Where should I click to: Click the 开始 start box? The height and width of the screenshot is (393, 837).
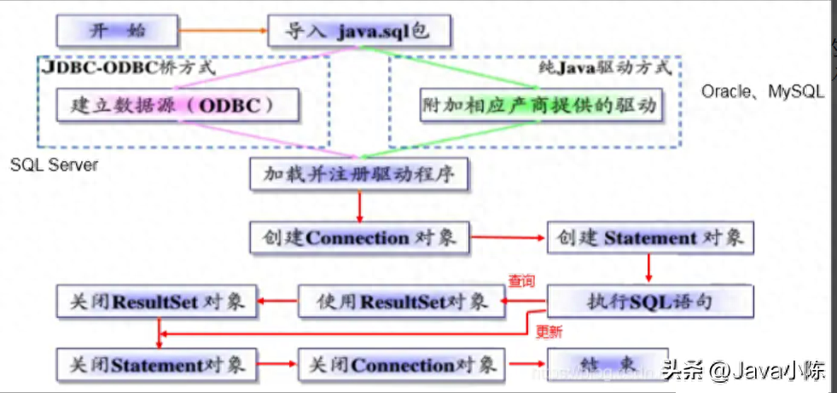[x=118, y=31]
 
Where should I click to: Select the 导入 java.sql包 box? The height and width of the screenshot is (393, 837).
[x=357, y=32]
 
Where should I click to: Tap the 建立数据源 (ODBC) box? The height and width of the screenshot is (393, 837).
[x=171, y=106]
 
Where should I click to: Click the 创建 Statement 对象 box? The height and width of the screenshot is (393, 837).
[x=650, y=237]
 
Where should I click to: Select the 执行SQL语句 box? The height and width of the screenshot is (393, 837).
[x=650, y=301]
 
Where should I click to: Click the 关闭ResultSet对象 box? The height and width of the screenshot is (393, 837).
[x=157, y=301]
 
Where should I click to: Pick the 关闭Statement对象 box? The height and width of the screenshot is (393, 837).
[x=157, y=364]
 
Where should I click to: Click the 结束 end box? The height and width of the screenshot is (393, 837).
[x=607, y=364]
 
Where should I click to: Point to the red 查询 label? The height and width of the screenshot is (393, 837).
[x=521, y=280]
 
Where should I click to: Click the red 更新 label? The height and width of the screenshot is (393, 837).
[x=548, y=332]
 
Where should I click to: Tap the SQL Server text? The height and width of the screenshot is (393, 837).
[x=54, y=165]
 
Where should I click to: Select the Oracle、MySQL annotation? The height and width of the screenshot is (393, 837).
[x=762, y=91]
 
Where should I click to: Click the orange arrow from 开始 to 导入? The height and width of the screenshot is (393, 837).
[x=222, y=32]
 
